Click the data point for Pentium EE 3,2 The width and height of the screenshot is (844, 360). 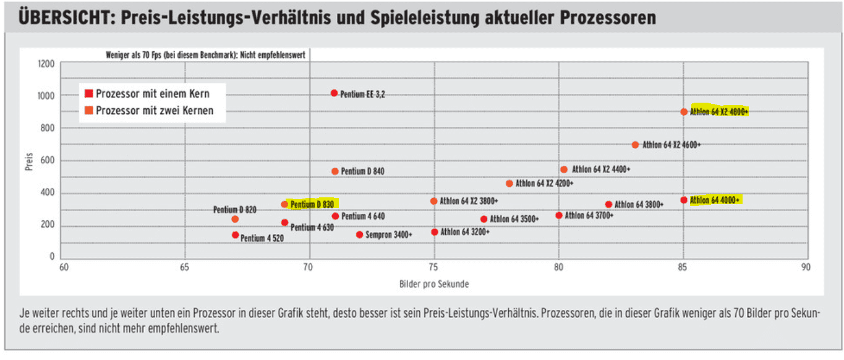tap(334, 93)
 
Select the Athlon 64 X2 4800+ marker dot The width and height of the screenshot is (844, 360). tap(684, 112)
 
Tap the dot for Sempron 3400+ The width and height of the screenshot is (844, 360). tap(359, 234)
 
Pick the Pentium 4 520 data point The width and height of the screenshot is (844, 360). tap(235, 235)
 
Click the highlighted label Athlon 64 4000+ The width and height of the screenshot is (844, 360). tap(714, 200)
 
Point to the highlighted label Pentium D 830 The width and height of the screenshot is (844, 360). tap(312, 204)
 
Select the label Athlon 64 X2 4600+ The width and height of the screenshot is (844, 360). tap(671, 145)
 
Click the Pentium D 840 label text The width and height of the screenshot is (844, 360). tap(362, 171)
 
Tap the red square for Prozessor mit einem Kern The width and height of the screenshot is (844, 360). tap(88, 94)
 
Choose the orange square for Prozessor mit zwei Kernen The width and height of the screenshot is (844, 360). tap(88, 111)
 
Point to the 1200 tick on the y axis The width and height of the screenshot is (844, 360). tap(48, 64)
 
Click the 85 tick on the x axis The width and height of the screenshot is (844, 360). tap(683, 267)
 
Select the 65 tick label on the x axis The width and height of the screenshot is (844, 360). tap(185, 267)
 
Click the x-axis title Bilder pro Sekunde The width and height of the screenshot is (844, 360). tap(433, 284)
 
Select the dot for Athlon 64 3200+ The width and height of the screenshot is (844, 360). tap(434, 232)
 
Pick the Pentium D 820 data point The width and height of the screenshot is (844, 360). tap(235, 219)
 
